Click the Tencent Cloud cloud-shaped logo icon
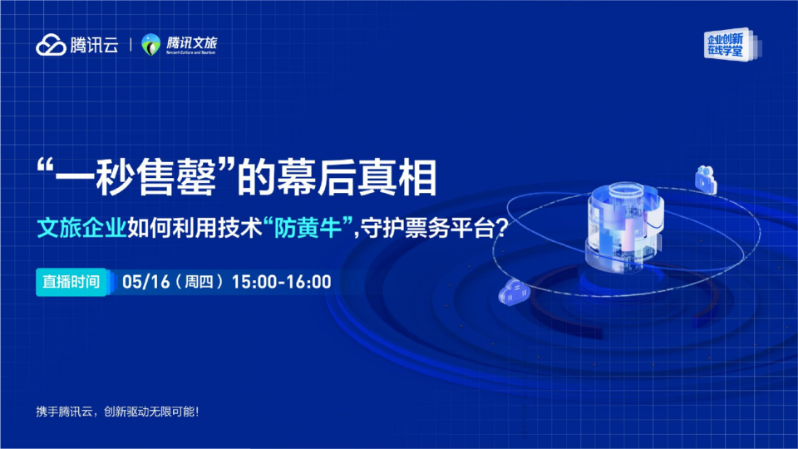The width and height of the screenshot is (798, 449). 51,45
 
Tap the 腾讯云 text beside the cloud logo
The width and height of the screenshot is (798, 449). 94,45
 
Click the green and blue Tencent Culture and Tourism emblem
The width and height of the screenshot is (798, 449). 150,45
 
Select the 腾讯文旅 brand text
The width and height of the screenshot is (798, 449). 191,42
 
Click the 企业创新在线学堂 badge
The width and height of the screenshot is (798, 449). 729,44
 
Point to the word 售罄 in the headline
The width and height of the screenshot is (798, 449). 176,178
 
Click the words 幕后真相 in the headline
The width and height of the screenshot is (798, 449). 357,178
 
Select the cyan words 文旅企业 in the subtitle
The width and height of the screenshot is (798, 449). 81,228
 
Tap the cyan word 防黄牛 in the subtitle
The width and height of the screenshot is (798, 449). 308,228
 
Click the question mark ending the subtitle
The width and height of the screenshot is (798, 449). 501,228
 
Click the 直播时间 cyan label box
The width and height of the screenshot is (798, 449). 71,282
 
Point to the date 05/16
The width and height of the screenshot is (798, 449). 146,282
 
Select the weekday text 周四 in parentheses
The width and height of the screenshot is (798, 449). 199,282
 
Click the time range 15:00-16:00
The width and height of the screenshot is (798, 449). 282,282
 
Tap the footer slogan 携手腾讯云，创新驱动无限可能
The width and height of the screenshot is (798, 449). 117,412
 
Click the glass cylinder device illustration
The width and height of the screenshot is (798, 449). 624,226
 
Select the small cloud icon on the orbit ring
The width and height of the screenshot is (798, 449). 514,293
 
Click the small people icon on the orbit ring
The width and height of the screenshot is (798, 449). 706,180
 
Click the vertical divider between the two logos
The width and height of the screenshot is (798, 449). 131,45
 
